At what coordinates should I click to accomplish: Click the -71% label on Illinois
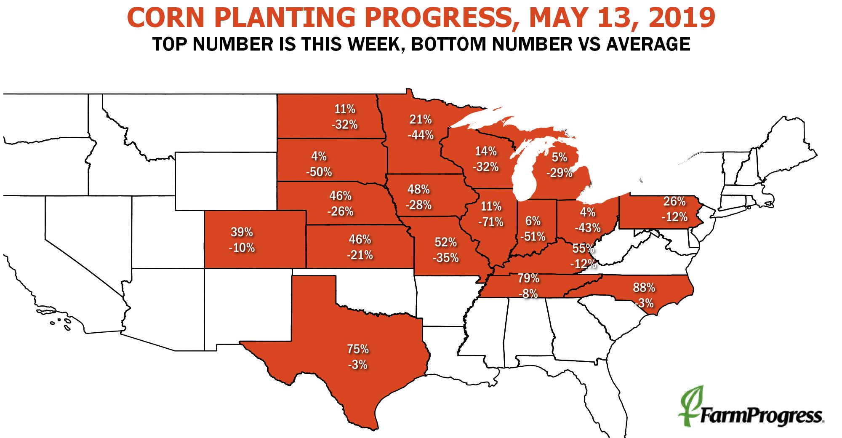[491, 222]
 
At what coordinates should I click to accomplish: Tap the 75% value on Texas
[358, 349]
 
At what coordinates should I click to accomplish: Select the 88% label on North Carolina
[644, 288]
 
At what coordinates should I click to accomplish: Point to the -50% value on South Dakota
[319, 172]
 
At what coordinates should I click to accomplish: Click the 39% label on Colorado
[242, 232]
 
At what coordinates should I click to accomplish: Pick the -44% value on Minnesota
[420, 135]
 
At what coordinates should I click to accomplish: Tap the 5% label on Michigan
[560, 158]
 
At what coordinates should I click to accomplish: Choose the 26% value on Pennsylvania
[674, 201]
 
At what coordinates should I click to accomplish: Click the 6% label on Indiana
[533, 221]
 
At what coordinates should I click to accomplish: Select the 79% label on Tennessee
[528, 278]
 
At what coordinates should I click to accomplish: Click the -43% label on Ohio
[588, 228]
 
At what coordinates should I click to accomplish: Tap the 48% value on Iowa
[418, 189]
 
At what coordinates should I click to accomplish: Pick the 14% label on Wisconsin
[486, 151]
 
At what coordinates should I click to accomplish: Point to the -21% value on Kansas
[360, 255]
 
